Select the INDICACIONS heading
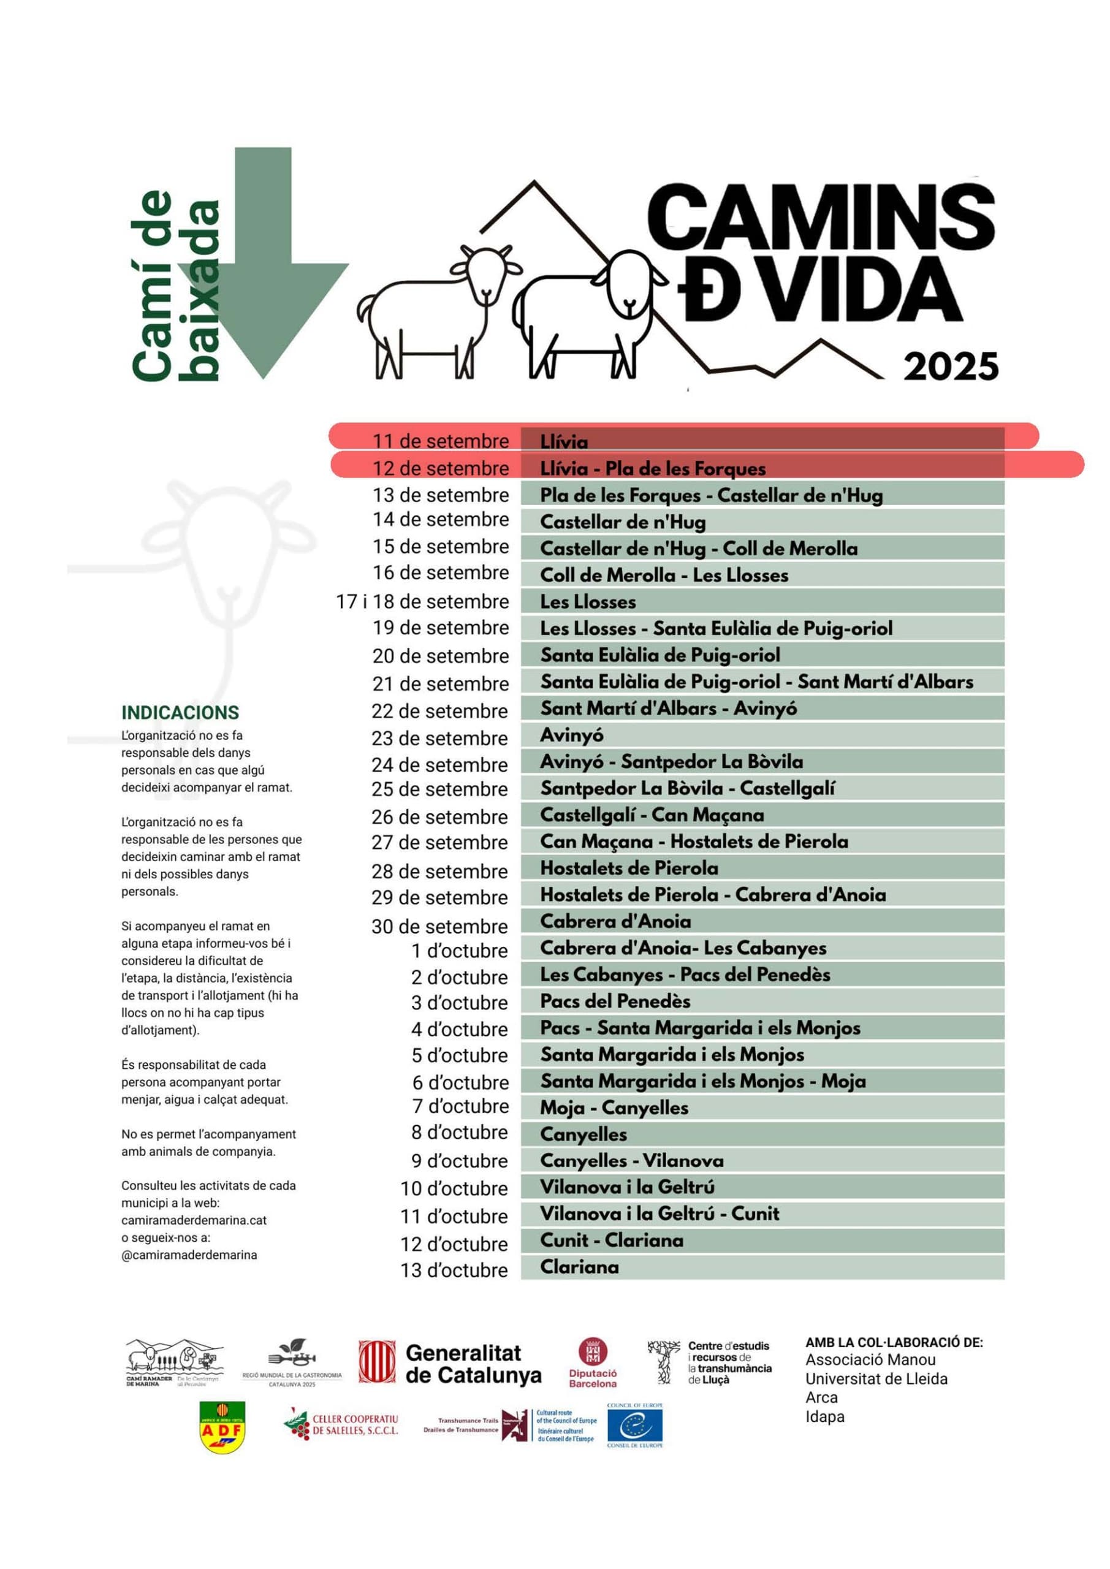coord(180,713)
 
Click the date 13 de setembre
coord(440,495)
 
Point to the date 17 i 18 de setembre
coord(422,601)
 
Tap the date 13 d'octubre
coord(454,1271)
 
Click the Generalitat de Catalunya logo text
coord(473,1364)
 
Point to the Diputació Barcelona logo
coord(593,1362)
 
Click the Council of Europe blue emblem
coord(635,1426)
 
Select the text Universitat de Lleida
coord(876,1379)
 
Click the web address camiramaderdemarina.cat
coord(194,1220)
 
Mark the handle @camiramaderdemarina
coord(189,1255)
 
